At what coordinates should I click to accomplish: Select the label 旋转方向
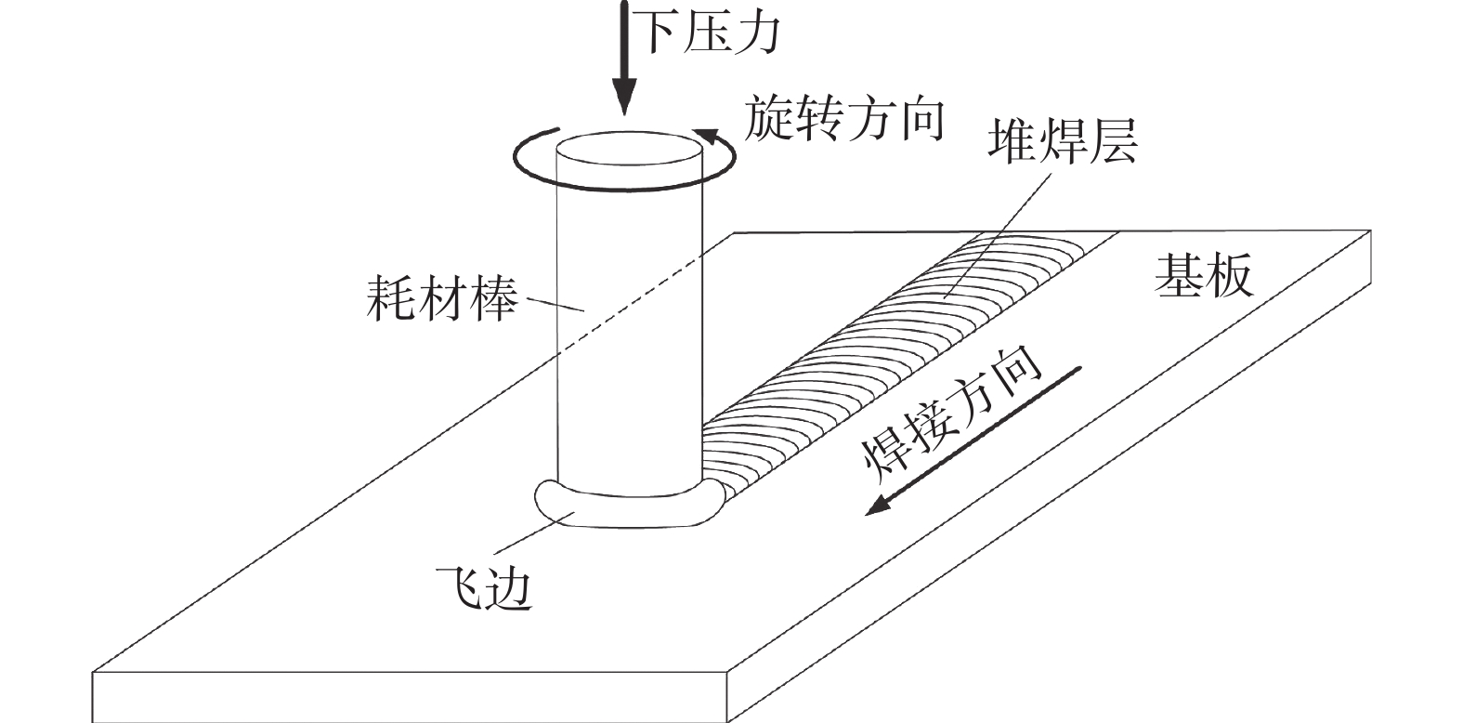point(844,120)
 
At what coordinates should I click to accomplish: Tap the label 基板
point(1204,275)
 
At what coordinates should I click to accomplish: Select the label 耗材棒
point(440,297)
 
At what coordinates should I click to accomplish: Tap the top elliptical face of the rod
point(628,151)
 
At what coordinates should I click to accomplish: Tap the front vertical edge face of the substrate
point(409,697)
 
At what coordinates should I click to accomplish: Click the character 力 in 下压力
point(756,33)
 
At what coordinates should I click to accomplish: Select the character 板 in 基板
point(1229,275)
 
